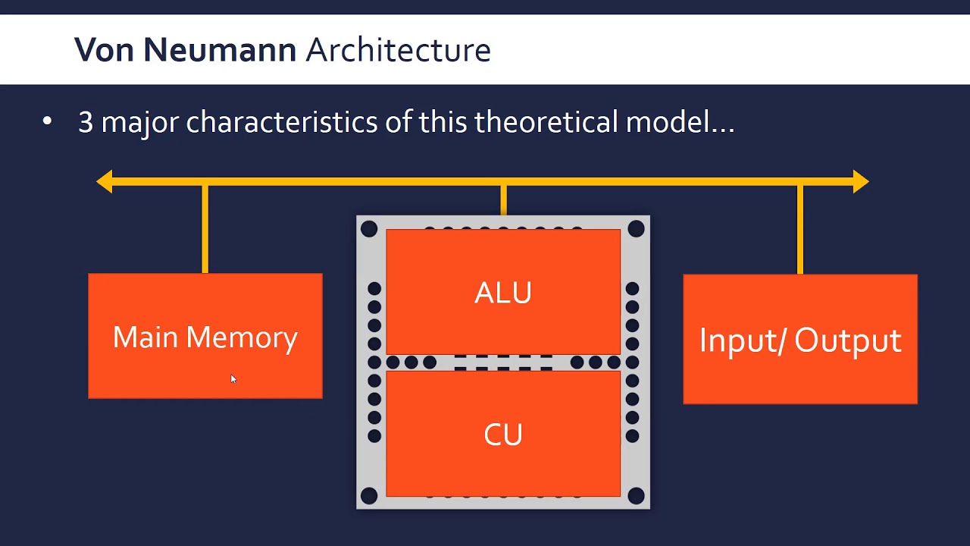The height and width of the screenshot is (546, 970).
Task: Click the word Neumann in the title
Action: click(x=220, y=50)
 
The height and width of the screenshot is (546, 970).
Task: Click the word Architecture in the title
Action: click(x=399, y=50)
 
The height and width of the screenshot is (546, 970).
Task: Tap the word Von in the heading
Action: click(x=104, y=50)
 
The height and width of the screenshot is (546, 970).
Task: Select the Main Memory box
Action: click(x=205, y=336)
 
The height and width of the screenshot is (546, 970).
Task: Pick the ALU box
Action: click(x=503, y=292)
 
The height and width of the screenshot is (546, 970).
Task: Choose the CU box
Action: click(x=503, y=434)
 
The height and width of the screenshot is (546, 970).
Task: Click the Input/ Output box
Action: click(x=800, y=339)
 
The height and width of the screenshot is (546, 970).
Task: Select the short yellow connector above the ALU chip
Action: click(x=504, y=200)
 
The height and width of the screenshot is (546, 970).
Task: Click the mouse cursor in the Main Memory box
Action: click(x=233, y=379)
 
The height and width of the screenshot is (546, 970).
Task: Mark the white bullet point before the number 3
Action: click(x=47, y=121)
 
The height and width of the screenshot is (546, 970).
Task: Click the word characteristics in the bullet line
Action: click(x=282, y=122)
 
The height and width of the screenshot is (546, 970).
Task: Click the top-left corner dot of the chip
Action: click(x=369, y=229)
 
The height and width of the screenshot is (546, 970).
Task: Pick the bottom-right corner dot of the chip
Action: click(x=636, y=496)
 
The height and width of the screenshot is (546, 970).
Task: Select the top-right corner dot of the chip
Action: click(x=636, y=229)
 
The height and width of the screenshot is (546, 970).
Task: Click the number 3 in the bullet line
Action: click(x=86, y=122)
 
